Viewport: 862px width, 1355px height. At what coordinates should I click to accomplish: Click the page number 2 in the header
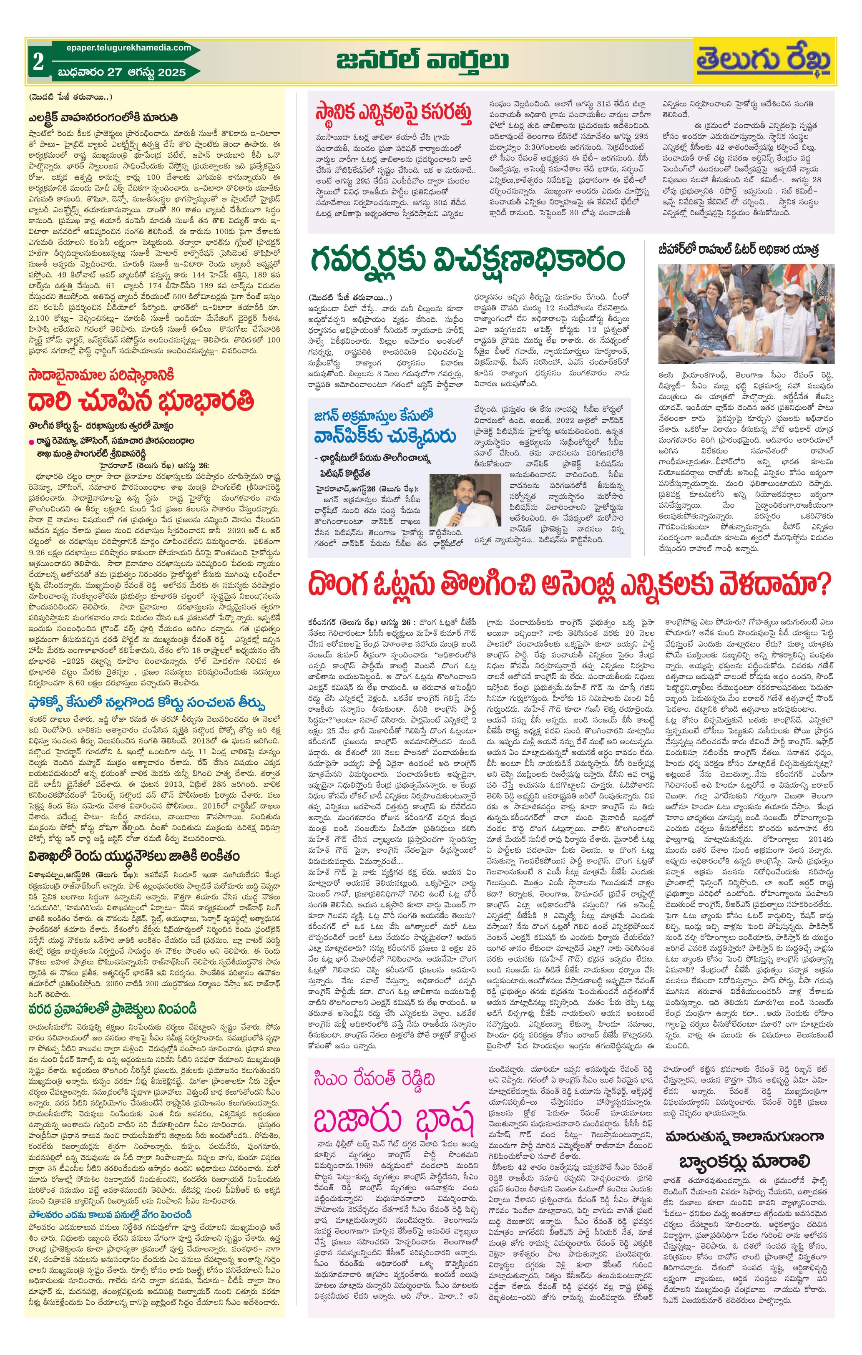tap(38, 61)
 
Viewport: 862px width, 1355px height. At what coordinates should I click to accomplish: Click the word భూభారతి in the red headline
tap(206, 400)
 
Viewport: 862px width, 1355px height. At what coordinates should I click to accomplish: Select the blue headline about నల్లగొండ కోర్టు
tap(147, 704)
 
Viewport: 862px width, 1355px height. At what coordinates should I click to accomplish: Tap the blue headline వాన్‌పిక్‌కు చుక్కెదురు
tap(385, 436)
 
